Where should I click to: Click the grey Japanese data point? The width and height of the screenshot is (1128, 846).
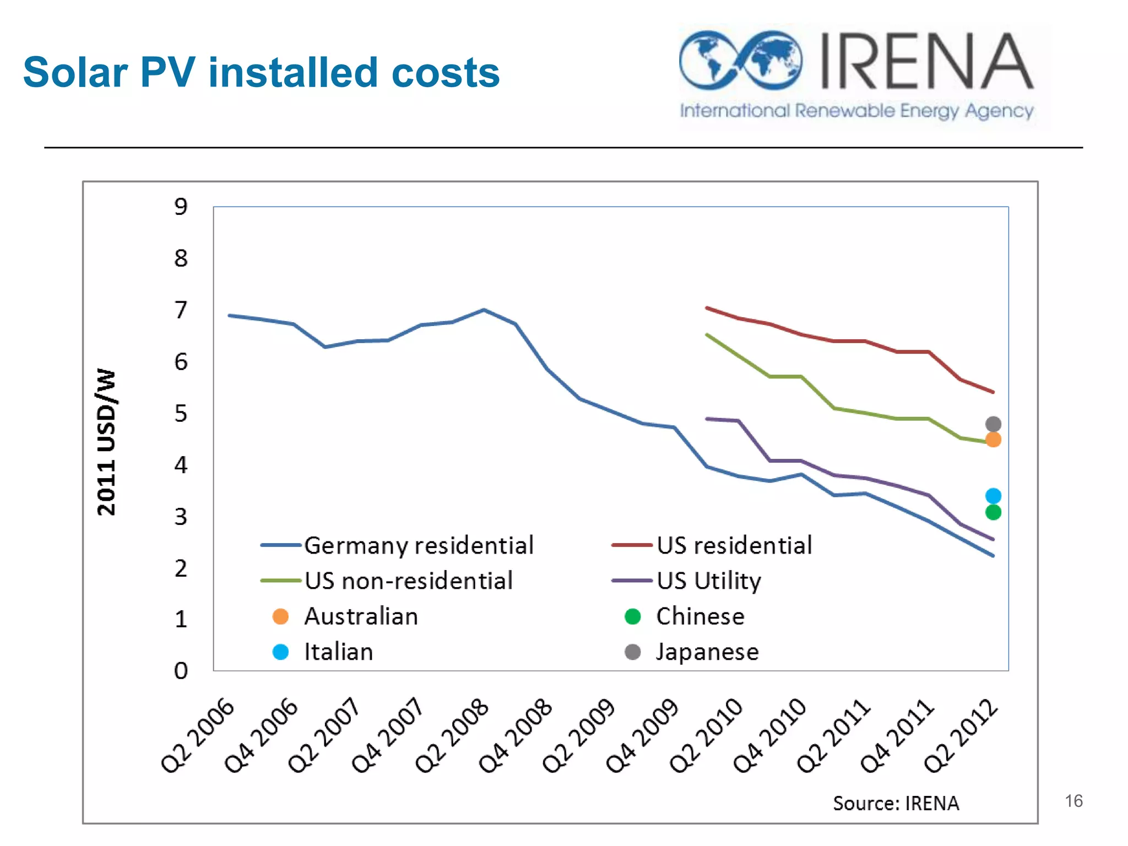(x=993, y=424)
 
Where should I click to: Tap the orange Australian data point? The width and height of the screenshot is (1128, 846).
(x=993, y=440)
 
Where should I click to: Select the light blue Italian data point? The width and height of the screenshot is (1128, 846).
(x=993, y=496)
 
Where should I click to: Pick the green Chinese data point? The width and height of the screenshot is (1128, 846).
(x=993, y=512)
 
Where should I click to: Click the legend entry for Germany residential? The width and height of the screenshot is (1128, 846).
(x=419, y=545)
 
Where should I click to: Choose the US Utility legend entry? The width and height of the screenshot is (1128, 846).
(x=709, y=581)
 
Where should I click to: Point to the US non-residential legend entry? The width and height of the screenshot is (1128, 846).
(x=408, y=581)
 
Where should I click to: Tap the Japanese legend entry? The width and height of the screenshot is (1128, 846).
(x=707, y=652)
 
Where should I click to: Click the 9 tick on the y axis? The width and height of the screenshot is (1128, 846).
(x=181, y=207)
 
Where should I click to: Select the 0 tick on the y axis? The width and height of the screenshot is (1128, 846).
(x=181, y=670)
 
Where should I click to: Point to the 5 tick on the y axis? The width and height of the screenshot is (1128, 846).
(x=181, y=413)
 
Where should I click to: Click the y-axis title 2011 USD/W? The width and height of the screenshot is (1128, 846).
(x=106, y=442)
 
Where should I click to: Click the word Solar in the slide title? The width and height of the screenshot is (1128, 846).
(x=75, y=73)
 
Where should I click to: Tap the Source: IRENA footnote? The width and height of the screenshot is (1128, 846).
(x=896, y=803)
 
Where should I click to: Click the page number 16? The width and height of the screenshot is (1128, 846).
(x=1073, y=801)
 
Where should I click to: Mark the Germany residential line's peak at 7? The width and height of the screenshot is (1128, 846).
(x=484, y=310)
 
